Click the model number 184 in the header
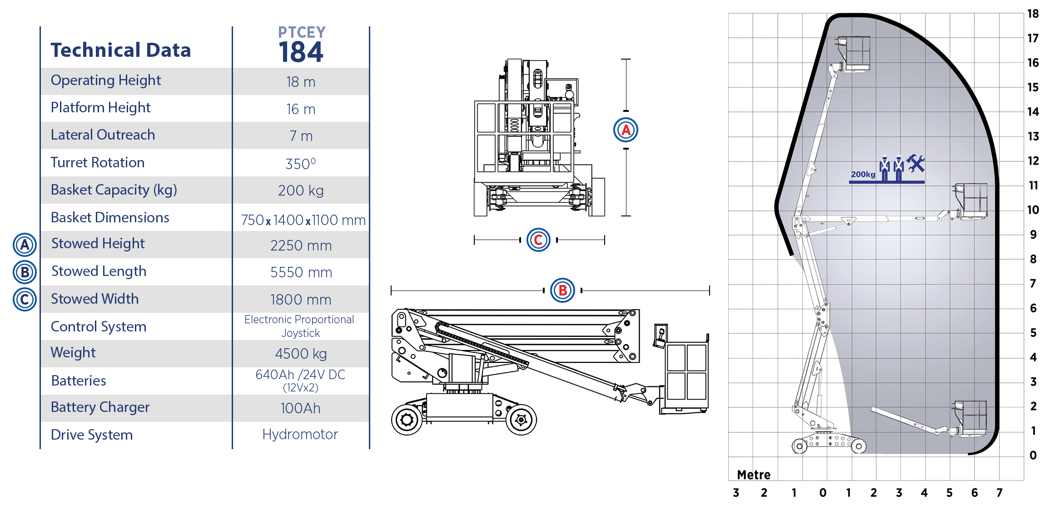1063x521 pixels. (301, 52)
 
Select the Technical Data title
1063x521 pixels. (120, 50)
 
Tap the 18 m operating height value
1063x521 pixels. (301, 82)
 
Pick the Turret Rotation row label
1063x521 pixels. (98, 162)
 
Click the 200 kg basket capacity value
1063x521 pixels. (301, 190)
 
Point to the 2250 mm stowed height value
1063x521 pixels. (301, 245)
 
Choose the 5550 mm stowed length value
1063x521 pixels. (301, 272)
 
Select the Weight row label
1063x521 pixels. (73, 352)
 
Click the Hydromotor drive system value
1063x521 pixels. (300, 434)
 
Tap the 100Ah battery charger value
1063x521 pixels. (300, 408)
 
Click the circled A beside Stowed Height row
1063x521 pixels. (25, 245)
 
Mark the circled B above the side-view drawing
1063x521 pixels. (562, 290)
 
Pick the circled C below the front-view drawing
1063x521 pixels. (538, 240)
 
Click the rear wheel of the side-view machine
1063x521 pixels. (407, 419)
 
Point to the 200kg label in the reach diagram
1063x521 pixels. (863, 174)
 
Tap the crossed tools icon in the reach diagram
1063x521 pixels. (915, 164)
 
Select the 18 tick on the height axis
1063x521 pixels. (1033, 14)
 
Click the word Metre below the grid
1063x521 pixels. (754, 475)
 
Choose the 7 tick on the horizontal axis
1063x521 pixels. (999, 492)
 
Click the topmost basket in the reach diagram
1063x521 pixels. (854, 54)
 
